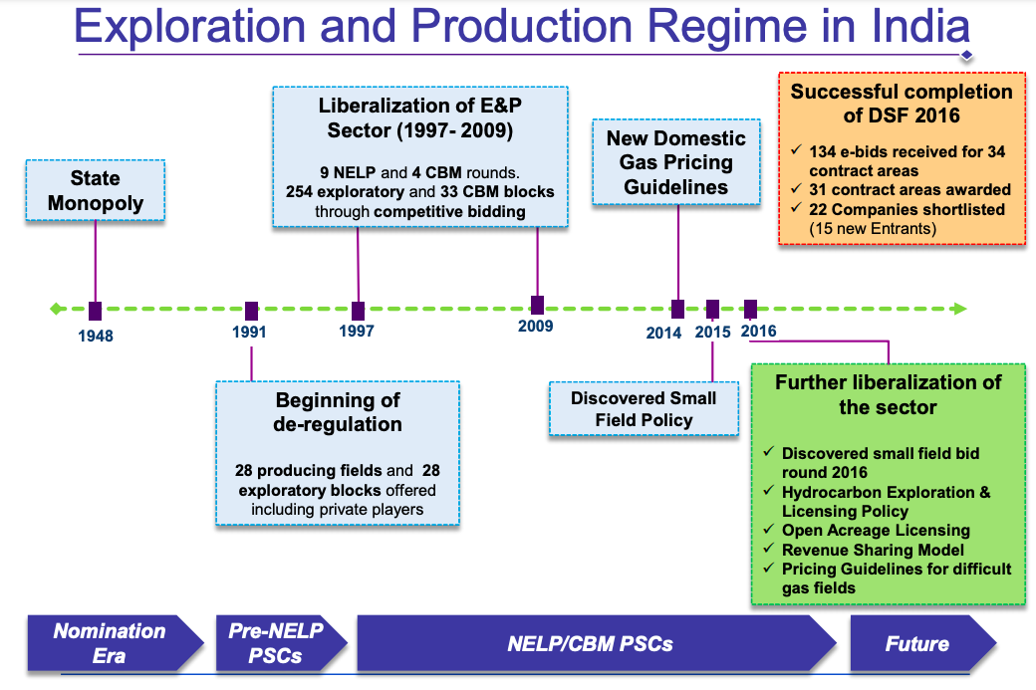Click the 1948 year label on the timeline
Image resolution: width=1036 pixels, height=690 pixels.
(96, 336)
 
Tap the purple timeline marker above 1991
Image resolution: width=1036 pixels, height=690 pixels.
(251, 311)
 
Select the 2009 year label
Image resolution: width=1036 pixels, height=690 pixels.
(536, 326)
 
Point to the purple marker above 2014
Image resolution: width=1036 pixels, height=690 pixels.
(678, 310)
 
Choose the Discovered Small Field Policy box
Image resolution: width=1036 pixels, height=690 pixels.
(644, 409)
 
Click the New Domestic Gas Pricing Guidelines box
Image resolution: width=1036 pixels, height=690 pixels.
(676, 162)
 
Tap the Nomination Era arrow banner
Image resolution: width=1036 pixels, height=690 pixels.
(109, 643)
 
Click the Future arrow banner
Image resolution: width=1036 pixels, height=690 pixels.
(917, 644)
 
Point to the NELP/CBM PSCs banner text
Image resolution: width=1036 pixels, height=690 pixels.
(591, 644)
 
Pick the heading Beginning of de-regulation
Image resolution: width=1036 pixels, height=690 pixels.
(338, 412)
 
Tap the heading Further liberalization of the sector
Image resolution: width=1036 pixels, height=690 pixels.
(888, 394)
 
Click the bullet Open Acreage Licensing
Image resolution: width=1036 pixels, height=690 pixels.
(876, 531)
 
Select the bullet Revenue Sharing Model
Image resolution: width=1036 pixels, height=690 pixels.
(873, 550)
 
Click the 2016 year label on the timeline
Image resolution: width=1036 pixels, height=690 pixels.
(759, 332)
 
